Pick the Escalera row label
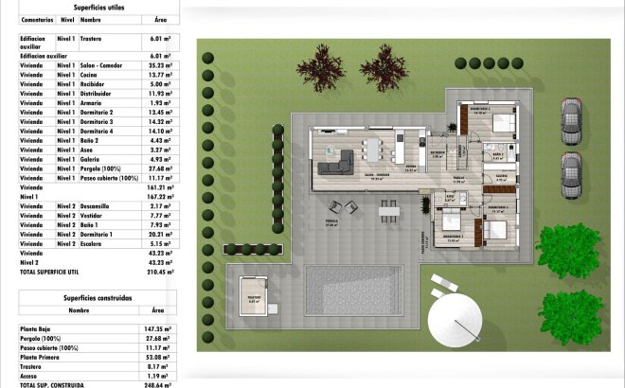click(x=94, y=243)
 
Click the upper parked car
click(x=570, y=121)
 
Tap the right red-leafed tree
click(x=384, y=67)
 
